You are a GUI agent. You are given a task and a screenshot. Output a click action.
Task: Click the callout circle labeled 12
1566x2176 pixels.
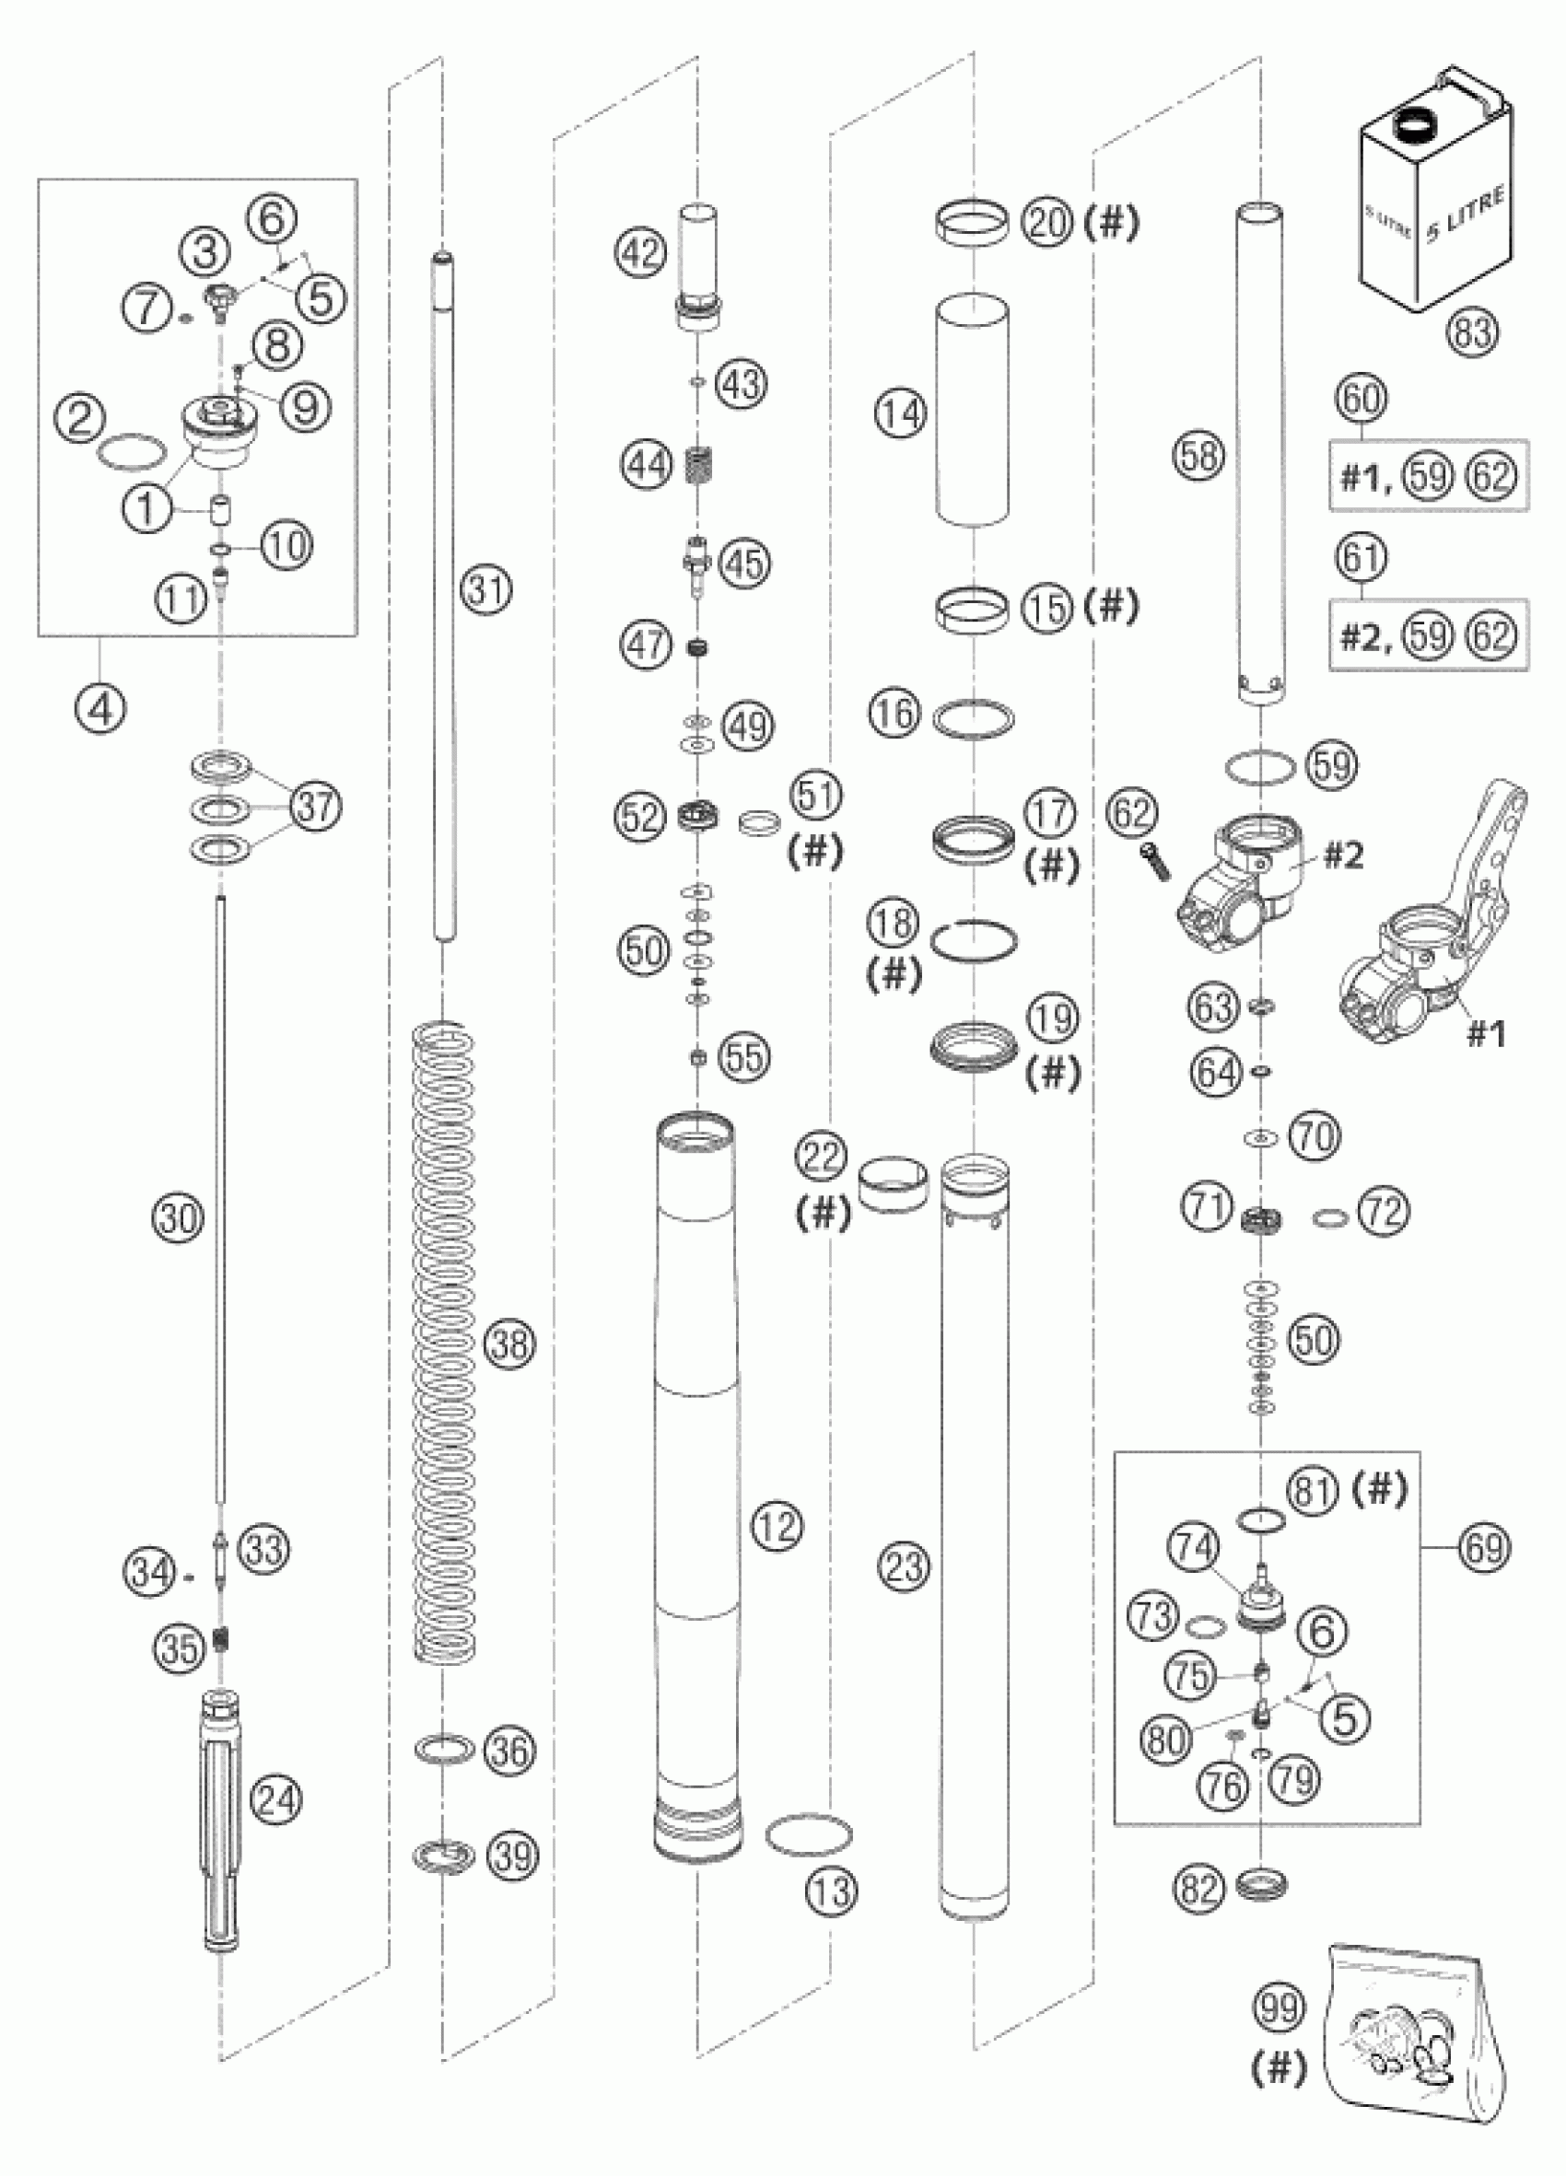[777, 1525]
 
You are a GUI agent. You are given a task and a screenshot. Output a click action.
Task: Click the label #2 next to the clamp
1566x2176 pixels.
[1343, 855]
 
